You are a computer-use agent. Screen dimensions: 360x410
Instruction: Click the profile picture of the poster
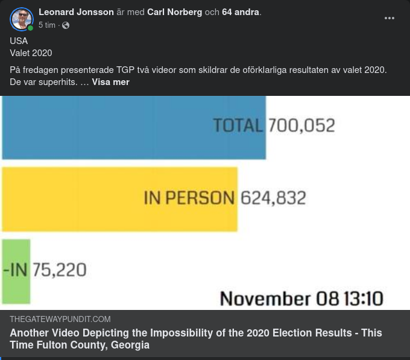[21, 19]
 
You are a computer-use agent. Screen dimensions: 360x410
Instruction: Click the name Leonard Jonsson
[76, 12]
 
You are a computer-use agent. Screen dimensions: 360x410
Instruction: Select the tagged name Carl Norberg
[174, 12]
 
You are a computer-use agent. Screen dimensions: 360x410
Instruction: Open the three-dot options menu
[389, 18]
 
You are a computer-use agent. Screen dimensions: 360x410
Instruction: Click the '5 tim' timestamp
[47, 25]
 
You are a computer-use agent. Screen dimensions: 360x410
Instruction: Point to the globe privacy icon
[66, 25]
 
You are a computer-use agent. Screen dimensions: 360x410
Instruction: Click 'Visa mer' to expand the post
[110, 82]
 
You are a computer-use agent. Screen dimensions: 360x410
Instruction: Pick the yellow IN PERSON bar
[72, 199]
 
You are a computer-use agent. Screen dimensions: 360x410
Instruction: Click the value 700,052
[301, 125]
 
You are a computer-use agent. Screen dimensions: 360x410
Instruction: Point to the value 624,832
[273, 198]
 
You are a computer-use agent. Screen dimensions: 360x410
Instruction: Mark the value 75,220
[59, 270]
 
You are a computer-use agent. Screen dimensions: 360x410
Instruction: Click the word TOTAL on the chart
[238, 125]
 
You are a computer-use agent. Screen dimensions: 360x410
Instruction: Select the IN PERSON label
[189, 198]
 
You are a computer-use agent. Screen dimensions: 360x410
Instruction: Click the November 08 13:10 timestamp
[301, 298]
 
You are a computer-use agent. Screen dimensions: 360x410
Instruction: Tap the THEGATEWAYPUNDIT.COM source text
[60, 319]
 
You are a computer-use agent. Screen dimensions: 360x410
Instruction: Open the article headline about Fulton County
[195, 339]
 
